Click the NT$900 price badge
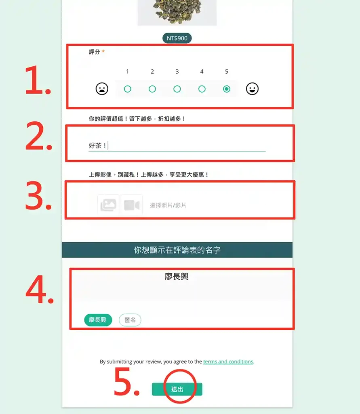[x=177, y=38]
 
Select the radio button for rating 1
[x=128, y=89]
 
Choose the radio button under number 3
[x=177, y=89]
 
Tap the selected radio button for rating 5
[x=226, y=89]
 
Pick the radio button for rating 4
[x=202, y=89]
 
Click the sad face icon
[x=102, y=89]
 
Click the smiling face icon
[x=252, y=89]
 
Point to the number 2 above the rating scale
[x=152, y=72]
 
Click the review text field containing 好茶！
[x=177, y=146]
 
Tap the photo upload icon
[x=108, y=205]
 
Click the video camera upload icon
[x=132, y=205]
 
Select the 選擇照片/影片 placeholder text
[x=168, y=205]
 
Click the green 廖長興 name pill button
[x=98, y=320]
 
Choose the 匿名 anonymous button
[x=130, y=320]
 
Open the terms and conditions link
[x=228, y=361]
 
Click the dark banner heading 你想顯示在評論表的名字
[x=177, y=250]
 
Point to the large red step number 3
[x=38, y=196]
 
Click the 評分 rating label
[x=95, y=52]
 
